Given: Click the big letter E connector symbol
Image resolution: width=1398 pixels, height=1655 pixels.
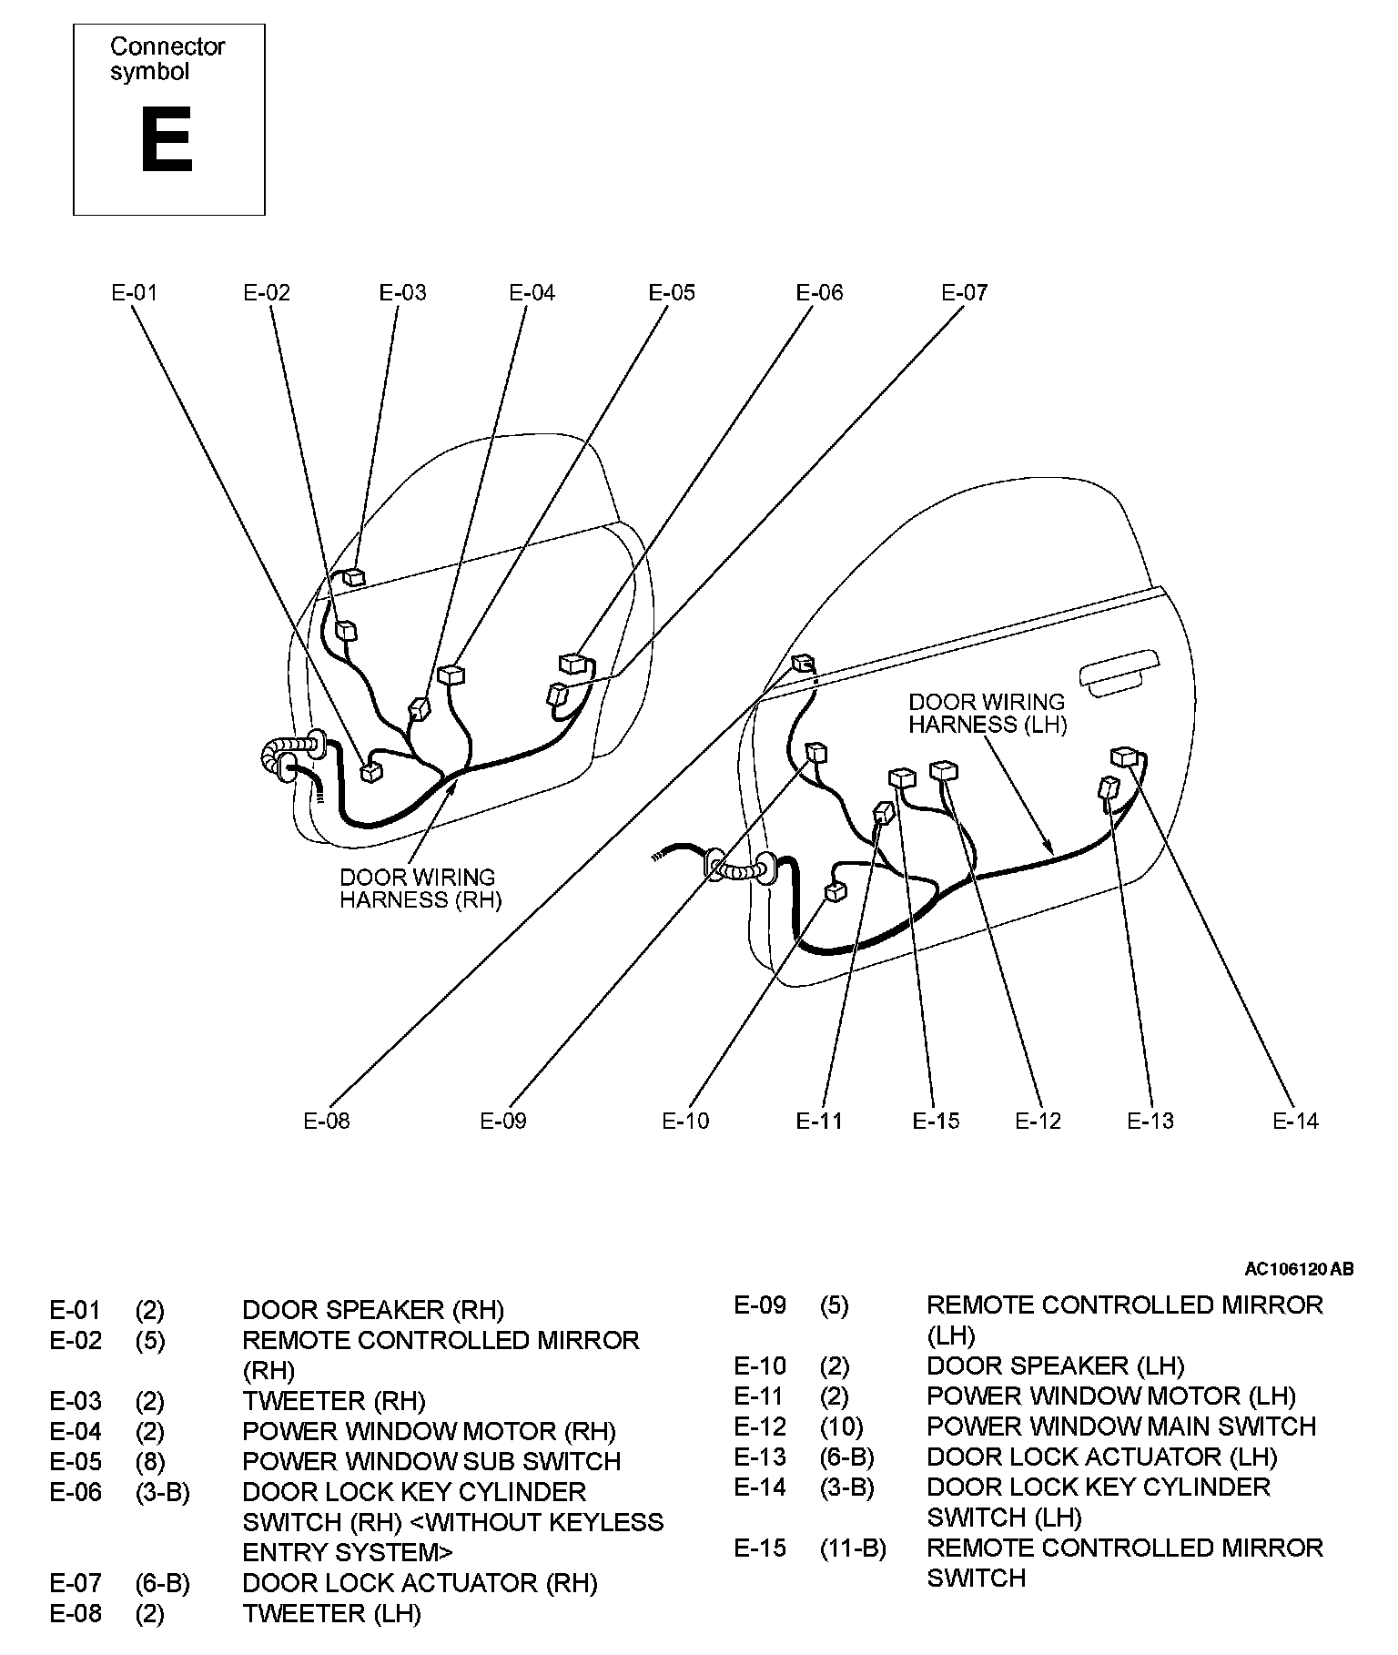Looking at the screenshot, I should tap(167, 140).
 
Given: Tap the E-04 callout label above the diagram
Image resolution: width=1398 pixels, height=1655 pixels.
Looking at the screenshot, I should tap(532, 292).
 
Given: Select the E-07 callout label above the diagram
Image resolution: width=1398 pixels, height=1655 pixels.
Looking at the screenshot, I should tap(964, 292).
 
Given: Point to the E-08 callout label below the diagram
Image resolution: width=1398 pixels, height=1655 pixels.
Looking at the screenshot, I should tap(326, 1121).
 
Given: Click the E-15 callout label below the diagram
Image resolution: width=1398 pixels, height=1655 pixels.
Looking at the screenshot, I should tap(936, 1121).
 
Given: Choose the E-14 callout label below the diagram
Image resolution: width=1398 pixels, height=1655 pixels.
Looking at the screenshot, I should tap(1295, 1121).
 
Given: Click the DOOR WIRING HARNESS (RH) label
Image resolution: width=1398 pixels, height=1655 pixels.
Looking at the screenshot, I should tap(420, 888).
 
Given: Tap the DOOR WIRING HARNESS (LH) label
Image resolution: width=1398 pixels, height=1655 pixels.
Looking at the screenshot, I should tap(987, 713).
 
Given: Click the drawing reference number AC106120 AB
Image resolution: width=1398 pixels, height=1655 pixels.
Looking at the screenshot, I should tap(1299, 1269).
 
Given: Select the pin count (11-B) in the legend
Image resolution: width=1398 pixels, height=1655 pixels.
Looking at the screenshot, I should tap(852, 1548).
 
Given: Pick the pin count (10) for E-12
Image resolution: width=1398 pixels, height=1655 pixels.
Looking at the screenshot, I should tap(841, 1427).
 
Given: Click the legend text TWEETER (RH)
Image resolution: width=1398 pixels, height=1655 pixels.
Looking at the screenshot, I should tap(333, 1401).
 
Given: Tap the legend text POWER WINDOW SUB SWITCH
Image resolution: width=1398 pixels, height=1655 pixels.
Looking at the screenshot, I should tap(431, 1461).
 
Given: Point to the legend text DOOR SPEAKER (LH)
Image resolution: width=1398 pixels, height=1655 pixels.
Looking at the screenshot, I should tap(1055, 1366).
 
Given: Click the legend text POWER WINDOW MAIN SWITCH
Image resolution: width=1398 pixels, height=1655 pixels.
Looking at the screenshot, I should tap(1120, 1427).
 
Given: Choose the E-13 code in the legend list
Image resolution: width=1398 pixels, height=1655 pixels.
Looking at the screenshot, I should tap(760, 1457).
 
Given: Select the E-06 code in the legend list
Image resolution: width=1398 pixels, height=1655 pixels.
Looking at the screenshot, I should tap(76, 1492).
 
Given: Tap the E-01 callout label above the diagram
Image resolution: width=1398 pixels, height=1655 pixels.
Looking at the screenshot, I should tap(134, 292).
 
